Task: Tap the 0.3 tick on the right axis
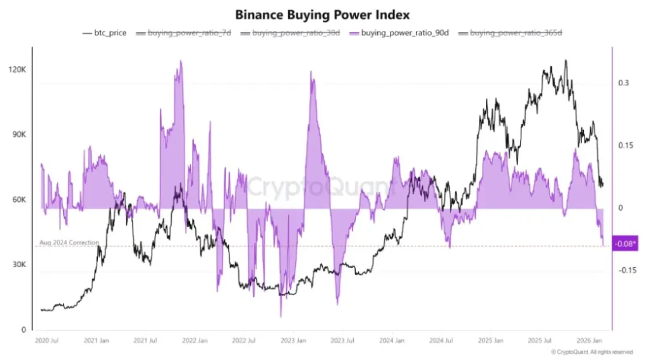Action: pyautogui.click(x=624, y=83)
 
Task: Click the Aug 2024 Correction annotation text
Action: pyautogui.click(x=69, y=243)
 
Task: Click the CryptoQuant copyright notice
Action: pyautogui.click(x=591, y=352)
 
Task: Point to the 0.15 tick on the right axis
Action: pyautogui.click(x=624, y=145)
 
